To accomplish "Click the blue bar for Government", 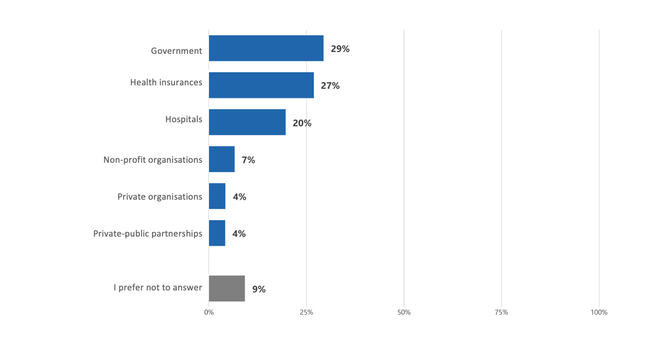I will coord(266,48).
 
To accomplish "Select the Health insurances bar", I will coord(261,85).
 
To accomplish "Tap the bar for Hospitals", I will coord(247,122).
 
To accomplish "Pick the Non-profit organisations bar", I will coord(222,159).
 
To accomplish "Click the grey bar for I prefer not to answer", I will coord(226,289).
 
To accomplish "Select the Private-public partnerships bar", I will coord(217,233).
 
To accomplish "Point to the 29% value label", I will coord(340,49).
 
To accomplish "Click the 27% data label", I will coord(330,86).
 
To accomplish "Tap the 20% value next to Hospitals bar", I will coord(302,123).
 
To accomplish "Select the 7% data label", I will coord(248,160).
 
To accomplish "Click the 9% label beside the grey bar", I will coord(259,289).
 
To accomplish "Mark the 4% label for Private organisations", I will coord(239,197).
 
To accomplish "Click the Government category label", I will coord(176,51).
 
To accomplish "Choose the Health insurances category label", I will coord(166,82).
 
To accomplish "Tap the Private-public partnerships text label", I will coord(148,234).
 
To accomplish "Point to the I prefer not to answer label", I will coord(157,287).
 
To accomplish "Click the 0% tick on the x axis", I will coord(209,312).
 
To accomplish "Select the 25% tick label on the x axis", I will coord(306,312).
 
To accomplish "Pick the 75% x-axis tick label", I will coord(501,312).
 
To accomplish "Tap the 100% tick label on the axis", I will coord(599,312).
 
